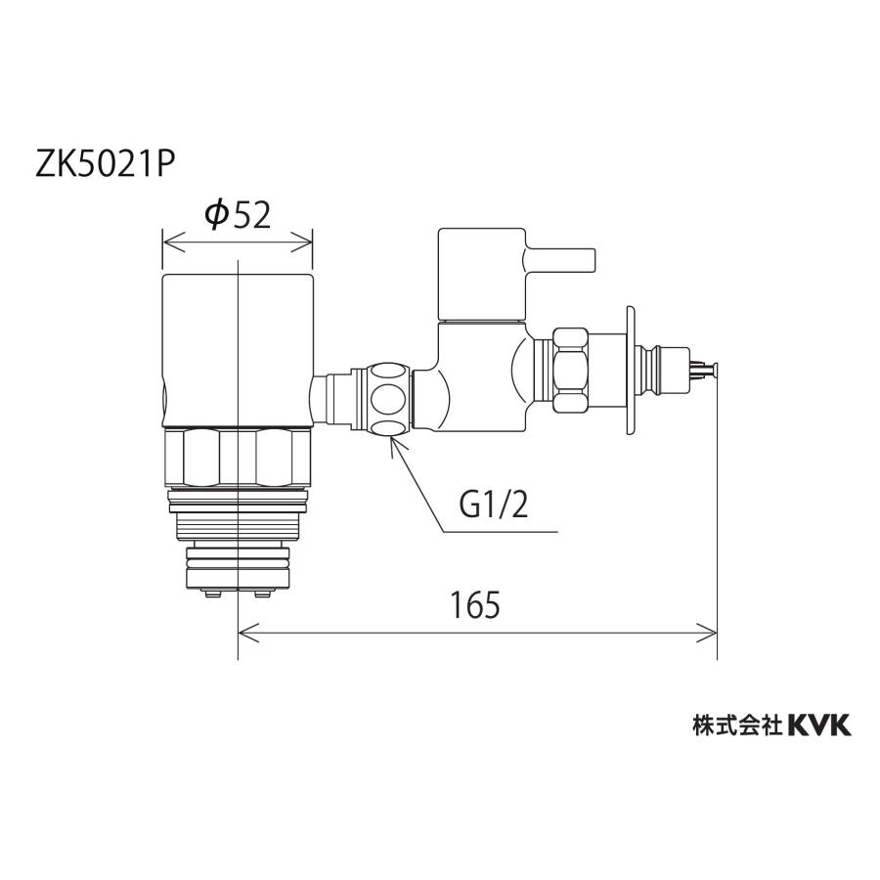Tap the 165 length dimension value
(476, 605)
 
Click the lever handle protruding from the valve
(560, 259)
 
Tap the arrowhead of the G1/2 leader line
(393, 443)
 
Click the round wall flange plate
(627, 370)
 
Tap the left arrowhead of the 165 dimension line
(245, 633)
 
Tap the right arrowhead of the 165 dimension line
(711, 633)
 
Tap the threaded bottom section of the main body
(237, 548)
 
